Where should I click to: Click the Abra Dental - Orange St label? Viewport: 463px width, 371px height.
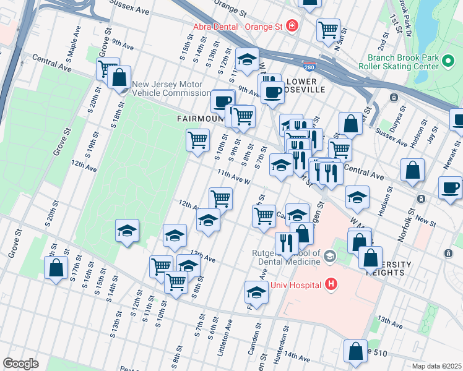tap(238, 26)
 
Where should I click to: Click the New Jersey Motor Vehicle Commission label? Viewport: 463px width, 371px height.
tap(171, 88)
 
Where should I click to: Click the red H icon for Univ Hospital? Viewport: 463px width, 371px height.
tap(332, 284)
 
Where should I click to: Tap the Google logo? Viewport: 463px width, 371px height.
tap(20, 364)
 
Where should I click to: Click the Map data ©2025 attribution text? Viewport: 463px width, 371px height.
tap(436, 366)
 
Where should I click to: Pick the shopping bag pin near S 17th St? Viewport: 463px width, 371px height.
tap(56, 268)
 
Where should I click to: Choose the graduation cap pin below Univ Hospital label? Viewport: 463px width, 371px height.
tap(256, 291)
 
